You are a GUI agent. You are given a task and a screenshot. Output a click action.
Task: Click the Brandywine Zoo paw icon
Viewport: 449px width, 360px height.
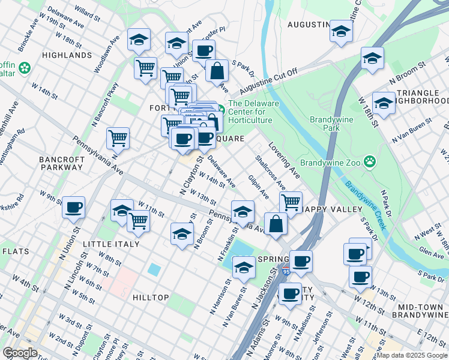[371, 161]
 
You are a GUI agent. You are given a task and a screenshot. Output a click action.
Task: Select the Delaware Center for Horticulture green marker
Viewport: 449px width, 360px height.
[221, 109]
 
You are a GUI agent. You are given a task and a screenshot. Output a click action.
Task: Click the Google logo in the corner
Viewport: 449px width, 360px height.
[20, 352]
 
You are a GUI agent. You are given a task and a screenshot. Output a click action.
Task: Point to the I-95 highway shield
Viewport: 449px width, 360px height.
[286, 271]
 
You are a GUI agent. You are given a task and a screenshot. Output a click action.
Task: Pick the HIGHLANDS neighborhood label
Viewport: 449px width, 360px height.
[67, 55]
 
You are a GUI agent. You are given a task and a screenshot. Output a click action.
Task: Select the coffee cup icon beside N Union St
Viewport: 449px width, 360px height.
[74, 207]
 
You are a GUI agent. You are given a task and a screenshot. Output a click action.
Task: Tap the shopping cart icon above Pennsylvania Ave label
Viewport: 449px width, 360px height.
[118, 139]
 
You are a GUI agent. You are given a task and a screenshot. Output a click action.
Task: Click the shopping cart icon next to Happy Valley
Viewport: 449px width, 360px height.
[291, 202]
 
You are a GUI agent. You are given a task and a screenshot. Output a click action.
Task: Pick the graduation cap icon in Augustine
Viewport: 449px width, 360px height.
[340, 31]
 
